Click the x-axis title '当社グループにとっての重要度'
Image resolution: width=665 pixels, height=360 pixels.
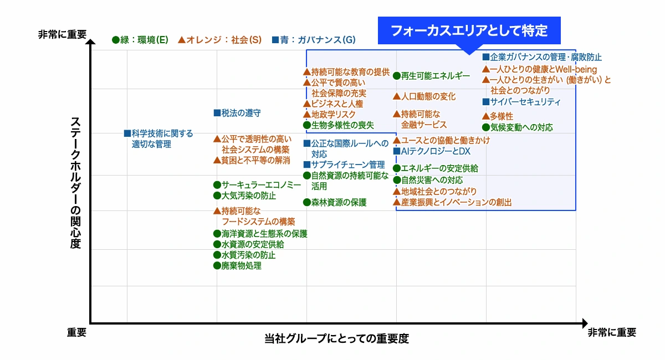point(336,339)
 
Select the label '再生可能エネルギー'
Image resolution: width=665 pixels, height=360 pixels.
point(435,75)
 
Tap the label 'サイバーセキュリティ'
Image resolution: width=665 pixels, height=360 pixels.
point(525,102)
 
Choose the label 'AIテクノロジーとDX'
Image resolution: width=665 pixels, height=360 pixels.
point(436,151)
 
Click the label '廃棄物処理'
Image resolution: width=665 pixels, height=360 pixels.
point(242,266)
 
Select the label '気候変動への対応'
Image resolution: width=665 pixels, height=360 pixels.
point(521,127)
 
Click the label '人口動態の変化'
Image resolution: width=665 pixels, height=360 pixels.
point(428,96)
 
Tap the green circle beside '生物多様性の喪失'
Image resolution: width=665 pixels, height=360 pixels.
point(306,125)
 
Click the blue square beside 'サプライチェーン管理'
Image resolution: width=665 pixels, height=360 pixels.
point(306,164)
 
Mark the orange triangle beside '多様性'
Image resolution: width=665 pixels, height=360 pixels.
point(485,116)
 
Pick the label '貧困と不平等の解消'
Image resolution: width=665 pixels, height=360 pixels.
point(255,160)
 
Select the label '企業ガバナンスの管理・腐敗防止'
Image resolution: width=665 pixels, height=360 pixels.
point(546,57)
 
